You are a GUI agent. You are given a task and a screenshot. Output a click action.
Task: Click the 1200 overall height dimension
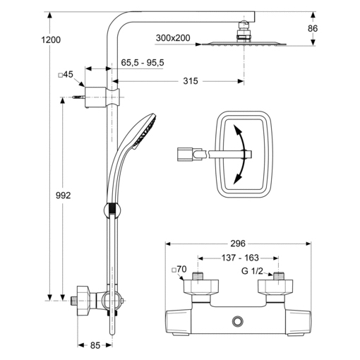tap(51, 40)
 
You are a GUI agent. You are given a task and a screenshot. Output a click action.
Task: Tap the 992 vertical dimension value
tap(63, 196)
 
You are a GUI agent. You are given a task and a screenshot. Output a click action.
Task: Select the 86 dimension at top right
tap(313, 28)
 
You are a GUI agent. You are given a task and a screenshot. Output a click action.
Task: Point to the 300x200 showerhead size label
tap(173, 38)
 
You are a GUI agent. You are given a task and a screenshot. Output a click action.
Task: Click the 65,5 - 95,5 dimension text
tap(143, 63)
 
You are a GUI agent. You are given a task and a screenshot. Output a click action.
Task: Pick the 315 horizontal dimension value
tap(191, 81)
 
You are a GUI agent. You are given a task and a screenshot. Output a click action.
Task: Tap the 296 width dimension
tap(238, 244)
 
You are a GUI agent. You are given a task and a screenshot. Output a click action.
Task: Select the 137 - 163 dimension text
tap(240, 258)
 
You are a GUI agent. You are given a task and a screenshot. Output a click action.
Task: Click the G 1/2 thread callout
tap(252, 271)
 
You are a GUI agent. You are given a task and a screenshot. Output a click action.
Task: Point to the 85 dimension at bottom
tap(95, 345)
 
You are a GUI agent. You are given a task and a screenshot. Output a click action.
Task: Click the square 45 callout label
tap(66, 75)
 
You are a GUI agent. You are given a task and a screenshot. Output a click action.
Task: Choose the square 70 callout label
tap(179, 269)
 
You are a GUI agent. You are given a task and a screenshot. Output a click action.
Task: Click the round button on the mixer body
tap(238, 321)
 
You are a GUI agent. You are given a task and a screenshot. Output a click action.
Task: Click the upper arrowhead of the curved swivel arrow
tap(236, 129)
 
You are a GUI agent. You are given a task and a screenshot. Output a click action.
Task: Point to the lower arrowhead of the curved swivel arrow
tap(237, 179)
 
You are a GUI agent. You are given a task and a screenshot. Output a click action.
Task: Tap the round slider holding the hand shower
tap(112, 210)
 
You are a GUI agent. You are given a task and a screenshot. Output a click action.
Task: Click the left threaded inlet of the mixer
tap(198, 276)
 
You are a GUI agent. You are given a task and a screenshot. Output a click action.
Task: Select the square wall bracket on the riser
tap(95, 97)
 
